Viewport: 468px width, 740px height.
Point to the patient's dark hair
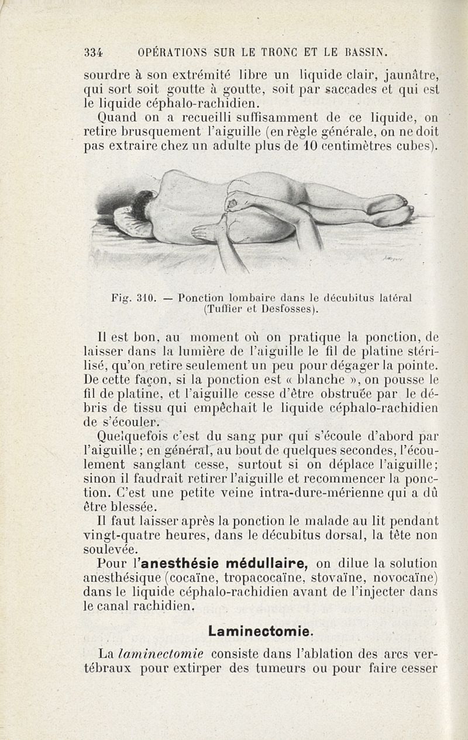point(142,205)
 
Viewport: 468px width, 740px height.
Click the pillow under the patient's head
point(126,224)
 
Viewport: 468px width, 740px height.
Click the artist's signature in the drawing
point(394,258)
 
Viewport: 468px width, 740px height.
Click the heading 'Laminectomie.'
point(261,631)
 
